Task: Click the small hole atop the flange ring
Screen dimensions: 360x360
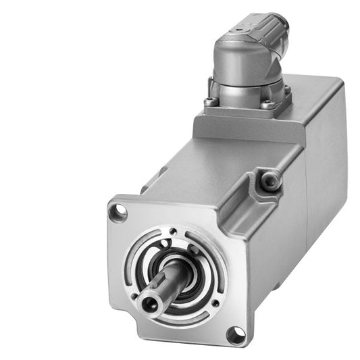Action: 174,232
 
